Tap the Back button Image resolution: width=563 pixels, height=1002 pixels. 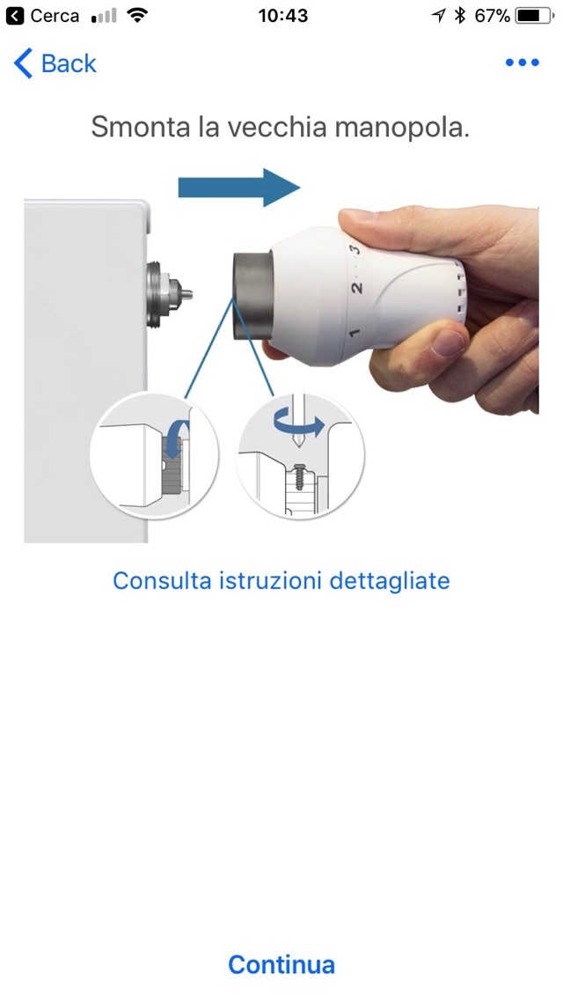pos(55,63)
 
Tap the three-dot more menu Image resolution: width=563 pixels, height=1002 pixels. pos(523,63)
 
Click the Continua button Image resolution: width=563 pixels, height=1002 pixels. pos(281,963)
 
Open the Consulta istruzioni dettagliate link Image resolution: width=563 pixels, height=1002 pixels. pos(281,581)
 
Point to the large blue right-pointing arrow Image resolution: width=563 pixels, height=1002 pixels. pos(238,188)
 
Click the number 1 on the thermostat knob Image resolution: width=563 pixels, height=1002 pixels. pos(355,333)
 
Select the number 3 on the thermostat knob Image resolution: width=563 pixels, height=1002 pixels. pos(355,248)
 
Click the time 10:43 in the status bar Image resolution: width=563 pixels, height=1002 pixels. pos(282,16)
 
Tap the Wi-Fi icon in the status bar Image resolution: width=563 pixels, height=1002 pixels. pos(137,15)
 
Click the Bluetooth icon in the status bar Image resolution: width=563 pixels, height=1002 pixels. pos(459,16)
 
